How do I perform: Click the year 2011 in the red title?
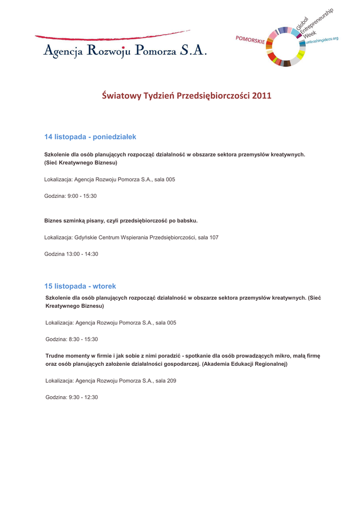[x=262, y=95]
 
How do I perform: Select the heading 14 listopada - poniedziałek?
[x=90, y=136]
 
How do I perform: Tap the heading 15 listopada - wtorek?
[x=80, y=286]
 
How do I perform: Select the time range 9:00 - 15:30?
[x=82, y=196]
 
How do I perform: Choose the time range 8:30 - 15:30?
[x=83, y=339]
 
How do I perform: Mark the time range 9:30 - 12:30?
[x=83, y=397]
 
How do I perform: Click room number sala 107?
[x=208, y=238]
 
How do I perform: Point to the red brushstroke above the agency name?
[x=109, y=36]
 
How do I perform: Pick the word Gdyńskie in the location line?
[x=85, y=238]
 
